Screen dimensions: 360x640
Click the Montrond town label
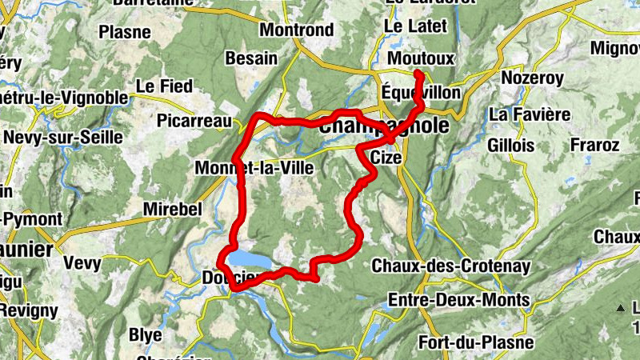click(297, 30)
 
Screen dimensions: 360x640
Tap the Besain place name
click(251, 58)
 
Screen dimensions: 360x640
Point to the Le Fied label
click(165, 86)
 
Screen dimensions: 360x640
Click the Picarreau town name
click(194, 122)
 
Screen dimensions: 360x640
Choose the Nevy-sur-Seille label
click(63, 138)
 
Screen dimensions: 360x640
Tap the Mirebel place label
click(171, 210)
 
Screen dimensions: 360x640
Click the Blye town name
click(146, 334)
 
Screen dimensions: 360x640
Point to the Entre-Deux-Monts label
click(458, 300)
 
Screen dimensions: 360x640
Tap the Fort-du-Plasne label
click(476, 342)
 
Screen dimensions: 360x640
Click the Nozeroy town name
click(532, 78)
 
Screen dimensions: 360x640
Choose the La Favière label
click(530, 115)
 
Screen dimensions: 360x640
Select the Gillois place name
click(510, 146)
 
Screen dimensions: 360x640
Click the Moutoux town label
click(420, 59)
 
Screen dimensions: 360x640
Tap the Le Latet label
click(416, 26)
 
